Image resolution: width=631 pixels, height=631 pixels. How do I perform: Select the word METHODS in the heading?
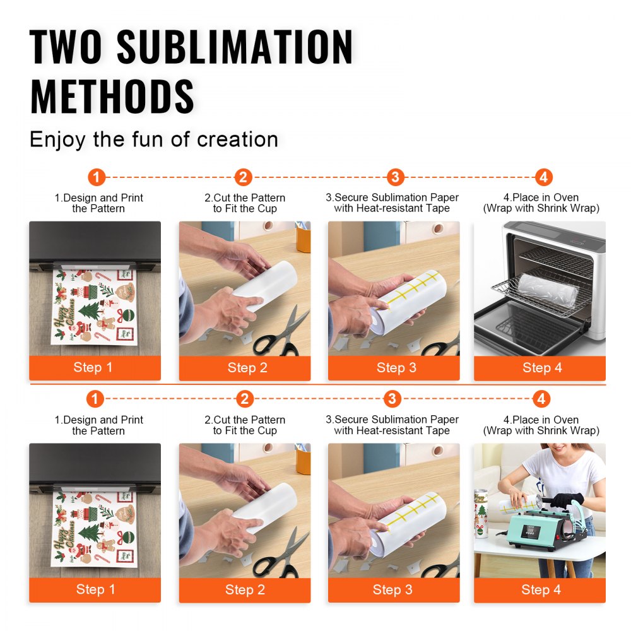(x=112, y=97)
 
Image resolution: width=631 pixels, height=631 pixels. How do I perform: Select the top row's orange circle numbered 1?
(x=96, y=177)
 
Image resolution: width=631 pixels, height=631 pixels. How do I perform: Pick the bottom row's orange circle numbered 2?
(x=245, y=399)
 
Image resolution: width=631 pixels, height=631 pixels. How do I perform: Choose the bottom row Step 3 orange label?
(x=392, y=590)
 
